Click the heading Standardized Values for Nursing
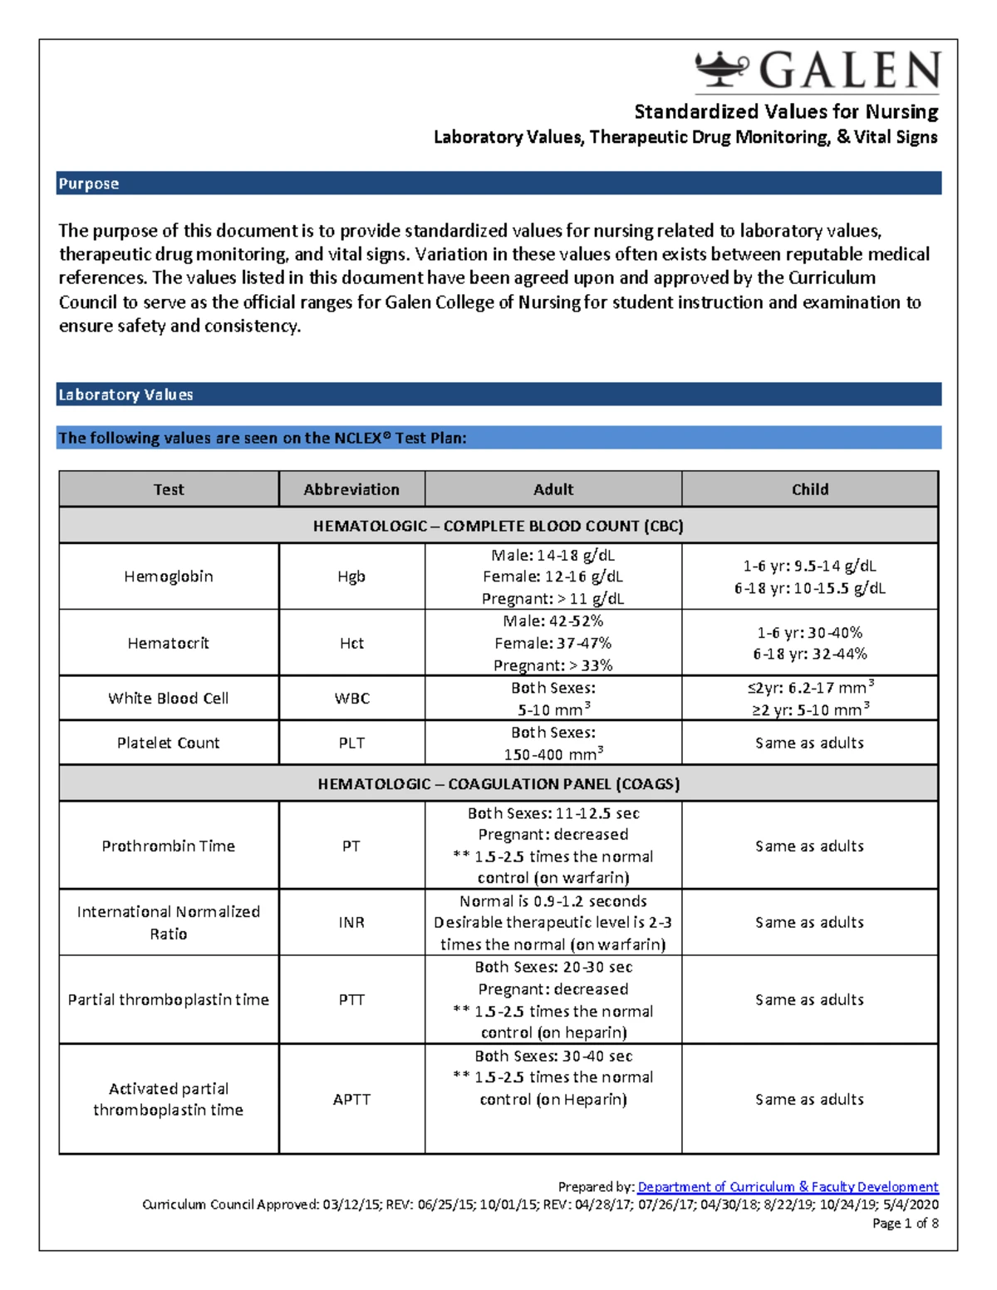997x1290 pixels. [x=786, y=111]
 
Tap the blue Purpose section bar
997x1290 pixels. [x=498, y=184]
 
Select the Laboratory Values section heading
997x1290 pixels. [x=126, y=395]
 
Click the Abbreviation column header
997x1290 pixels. [x=351, y=489]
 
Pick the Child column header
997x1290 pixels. [x=809, y=489]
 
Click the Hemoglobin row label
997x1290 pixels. [x=169, y=576]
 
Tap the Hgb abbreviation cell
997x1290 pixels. [x=351, y=576]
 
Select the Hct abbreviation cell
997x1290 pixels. [x=351, y=643]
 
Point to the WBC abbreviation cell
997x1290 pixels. [x=351, y=699]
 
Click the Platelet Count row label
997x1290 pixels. [x=169, y=743]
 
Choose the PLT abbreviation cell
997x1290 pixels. [x=351, y=743]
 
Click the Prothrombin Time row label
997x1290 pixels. [x=169, y=846]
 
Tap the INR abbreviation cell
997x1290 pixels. [x=351, y=922]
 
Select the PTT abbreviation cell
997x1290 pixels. [x=351, y=999]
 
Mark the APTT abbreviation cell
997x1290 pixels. [x=351, y=1099]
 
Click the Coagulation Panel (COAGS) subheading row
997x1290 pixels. [x=498, y=783]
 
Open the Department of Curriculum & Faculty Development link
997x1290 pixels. [x=788, y=1187]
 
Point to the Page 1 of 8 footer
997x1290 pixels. [x=905, y=1223]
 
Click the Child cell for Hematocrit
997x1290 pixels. [x=809, y=643]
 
